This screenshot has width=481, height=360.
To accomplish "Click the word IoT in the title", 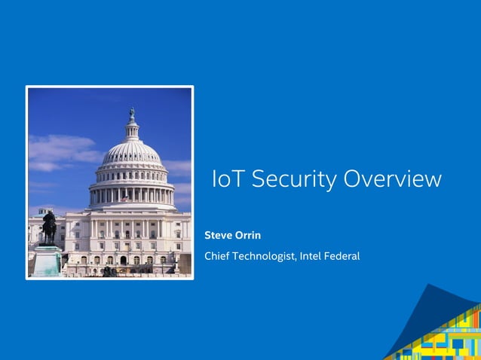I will coord(228,179).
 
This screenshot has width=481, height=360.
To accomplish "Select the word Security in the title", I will coord(293,179).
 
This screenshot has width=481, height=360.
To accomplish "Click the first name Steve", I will coord(218,236).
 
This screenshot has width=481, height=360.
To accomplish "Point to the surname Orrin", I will coord(248,236).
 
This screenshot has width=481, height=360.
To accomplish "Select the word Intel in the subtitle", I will coord(311,256).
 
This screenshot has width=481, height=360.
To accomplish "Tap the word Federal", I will coord(342,256).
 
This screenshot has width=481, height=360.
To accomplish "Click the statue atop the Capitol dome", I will coord(132,114).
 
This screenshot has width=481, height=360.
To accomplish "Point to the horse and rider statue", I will coord(49,226).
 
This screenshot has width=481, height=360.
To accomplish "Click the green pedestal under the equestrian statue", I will coord(47,260).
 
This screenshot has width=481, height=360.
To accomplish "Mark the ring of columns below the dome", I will coord(132,195).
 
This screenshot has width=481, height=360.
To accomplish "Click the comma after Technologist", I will coord(296,260).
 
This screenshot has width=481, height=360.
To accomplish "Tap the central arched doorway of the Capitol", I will coord(124,260).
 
